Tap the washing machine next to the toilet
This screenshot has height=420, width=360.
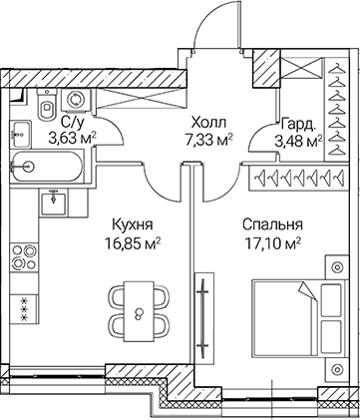(74, 102)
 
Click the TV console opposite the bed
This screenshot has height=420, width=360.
(203, 315)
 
